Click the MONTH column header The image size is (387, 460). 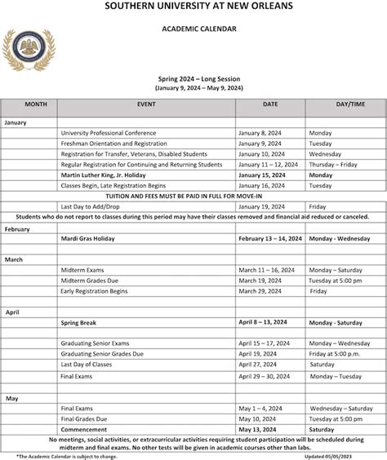(35, 104)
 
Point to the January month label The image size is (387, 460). (16, 122)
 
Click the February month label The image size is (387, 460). (17, 229)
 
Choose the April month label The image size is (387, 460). (12, 312)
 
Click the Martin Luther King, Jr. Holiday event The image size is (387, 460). (113, 175)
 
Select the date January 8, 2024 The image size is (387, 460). (260, 132)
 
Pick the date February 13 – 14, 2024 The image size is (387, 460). (270, 239)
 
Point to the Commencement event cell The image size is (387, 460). (84, 429)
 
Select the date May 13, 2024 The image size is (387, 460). (258, 429)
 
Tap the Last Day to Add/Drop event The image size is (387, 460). (91, 206)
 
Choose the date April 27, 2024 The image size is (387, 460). (259, 365)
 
